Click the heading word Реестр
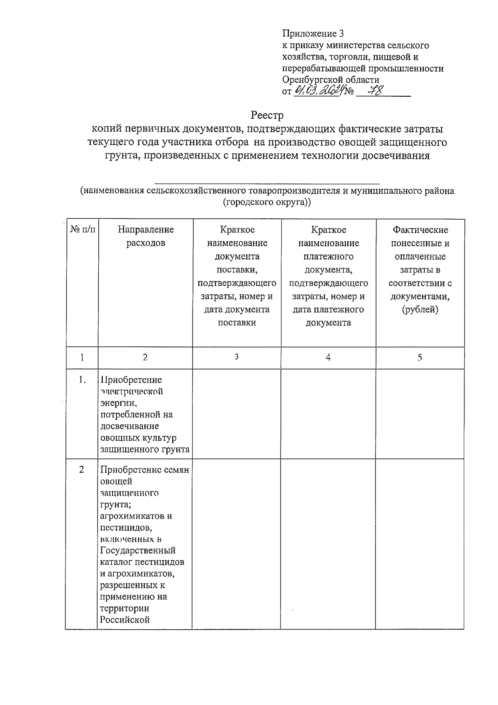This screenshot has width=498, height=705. click(x=267, y=115)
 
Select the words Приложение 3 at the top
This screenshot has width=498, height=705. click(x=313, y=34)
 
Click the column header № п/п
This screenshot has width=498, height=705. click(x=82, y=230)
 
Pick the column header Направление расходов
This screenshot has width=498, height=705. click(x=146, y=236)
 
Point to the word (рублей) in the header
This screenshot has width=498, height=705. click(x=420, y=309)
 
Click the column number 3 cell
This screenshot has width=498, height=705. click(x=237, y=357)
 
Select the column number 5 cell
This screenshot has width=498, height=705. click(x=420, y=357)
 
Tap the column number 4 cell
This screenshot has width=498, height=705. click(x=328, y=357)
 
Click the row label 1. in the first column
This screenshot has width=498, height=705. click(x=82, y=380)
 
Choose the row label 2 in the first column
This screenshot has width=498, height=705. click(x=82, y=470)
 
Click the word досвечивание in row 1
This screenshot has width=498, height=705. click(x=124, y=426)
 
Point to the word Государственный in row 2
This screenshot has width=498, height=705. click(x=138, y=551)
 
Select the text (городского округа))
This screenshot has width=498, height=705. click(x=267, y=203)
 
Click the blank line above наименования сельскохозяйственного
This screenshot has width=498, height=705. click(x=267, y=182)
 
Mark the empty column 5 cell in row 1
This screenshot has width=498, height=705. click(x=420, y=414)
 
